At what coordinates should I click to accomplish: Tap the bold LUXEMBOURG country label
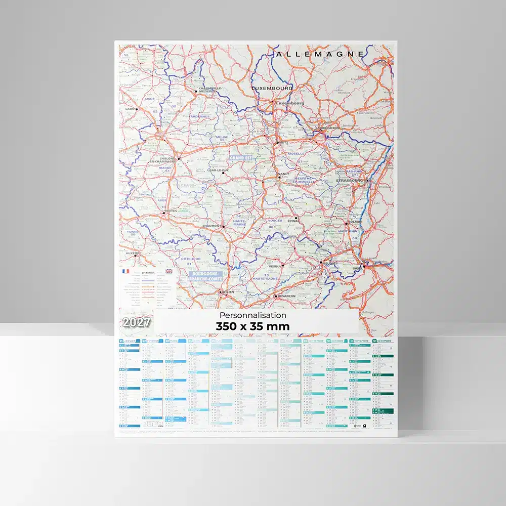(272, 88)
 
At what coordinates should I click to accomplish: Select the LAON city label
(130, 109)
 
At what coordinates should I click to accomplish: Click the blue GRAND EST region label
(241, 158)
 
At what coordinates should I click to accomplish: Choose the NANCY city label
(283, 174)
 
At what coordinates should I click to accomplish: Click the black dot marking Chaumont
(223, 227)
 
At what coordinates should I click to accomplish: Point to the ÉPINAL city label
(293, 221)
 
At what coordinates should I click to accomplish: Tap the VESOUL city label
(276, 266)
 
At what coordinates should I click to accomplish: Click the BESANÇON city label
(284, 296)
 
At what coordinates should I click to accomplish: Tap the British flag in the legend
(168, 272)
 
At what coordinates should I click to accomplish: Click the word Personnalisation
(253, 315)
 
